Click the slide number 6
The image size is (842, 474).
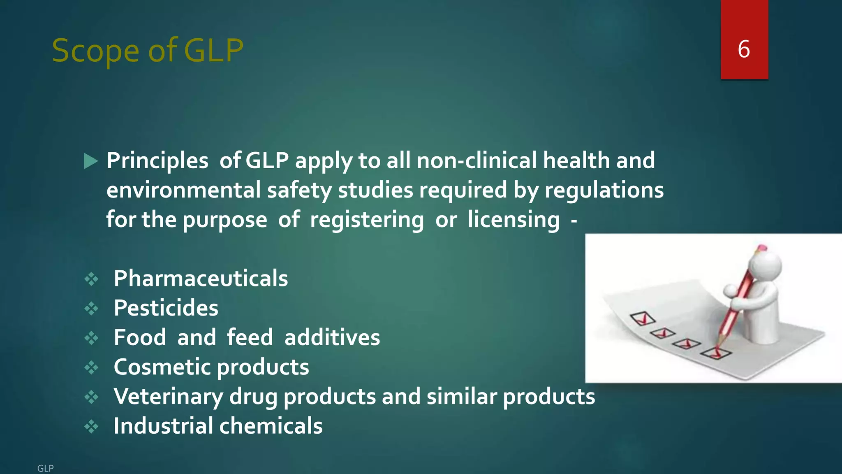pos(744,49)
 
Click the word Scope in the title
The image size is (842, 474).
pos(95,51)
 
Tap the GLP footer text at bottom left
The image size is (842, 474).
pos(45,468)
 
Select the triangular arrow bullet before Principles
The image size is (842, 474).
pos(91,161)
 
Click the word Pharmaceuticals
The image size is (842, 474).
pos(201,279)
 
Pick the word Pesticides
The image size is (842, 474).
pos(166,308)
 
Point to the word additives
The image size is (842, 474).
pos(332,337)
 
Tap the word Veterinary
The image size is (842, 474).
pos(169,397)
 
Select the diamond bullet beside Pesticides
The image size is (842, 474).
pos(91,309)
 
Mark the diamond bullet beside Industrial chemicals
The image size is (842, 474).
pos(91,426)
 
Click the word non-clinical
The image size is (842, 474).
pos(477,160)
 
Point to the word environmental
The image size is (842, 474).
pos(183,190)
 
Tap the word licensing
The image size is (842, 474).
pos(514,220)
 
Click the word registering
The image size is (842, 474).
pos(367,220)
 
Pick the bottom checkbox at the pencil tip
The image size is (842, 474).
pos(716,353)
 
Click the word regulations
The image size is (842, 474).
pos(604,190)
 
